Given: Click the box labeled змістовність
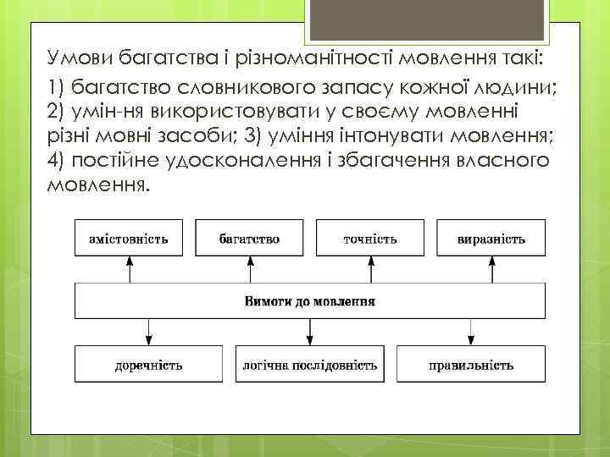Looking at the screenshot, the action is click(x=129, y=239).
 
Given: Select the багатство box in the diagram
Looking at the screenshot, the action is click(x=250, y=239).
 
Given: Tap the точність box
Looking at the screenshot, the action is click(x=369, y=239).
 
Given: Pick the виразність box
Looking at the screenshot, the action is click(x=491, y=239).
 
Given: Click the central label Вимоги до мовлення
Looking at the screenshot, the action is click(x=310, y=300).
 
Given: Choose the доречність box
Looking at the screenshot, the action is click(x=149, y=365).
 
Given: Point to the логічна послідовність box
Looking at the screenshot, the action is click(x=310, y=365).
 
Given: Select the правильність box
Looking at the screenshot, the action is click(x=469, y=365).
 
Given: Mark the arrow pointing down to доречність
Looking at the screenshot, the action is click(x=149, y=331).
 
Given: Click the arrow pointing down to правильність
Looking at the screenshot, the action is click(x=469, y=331).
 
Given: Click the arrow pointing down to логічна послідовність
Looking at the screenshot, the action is click(x=310, y=331).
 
